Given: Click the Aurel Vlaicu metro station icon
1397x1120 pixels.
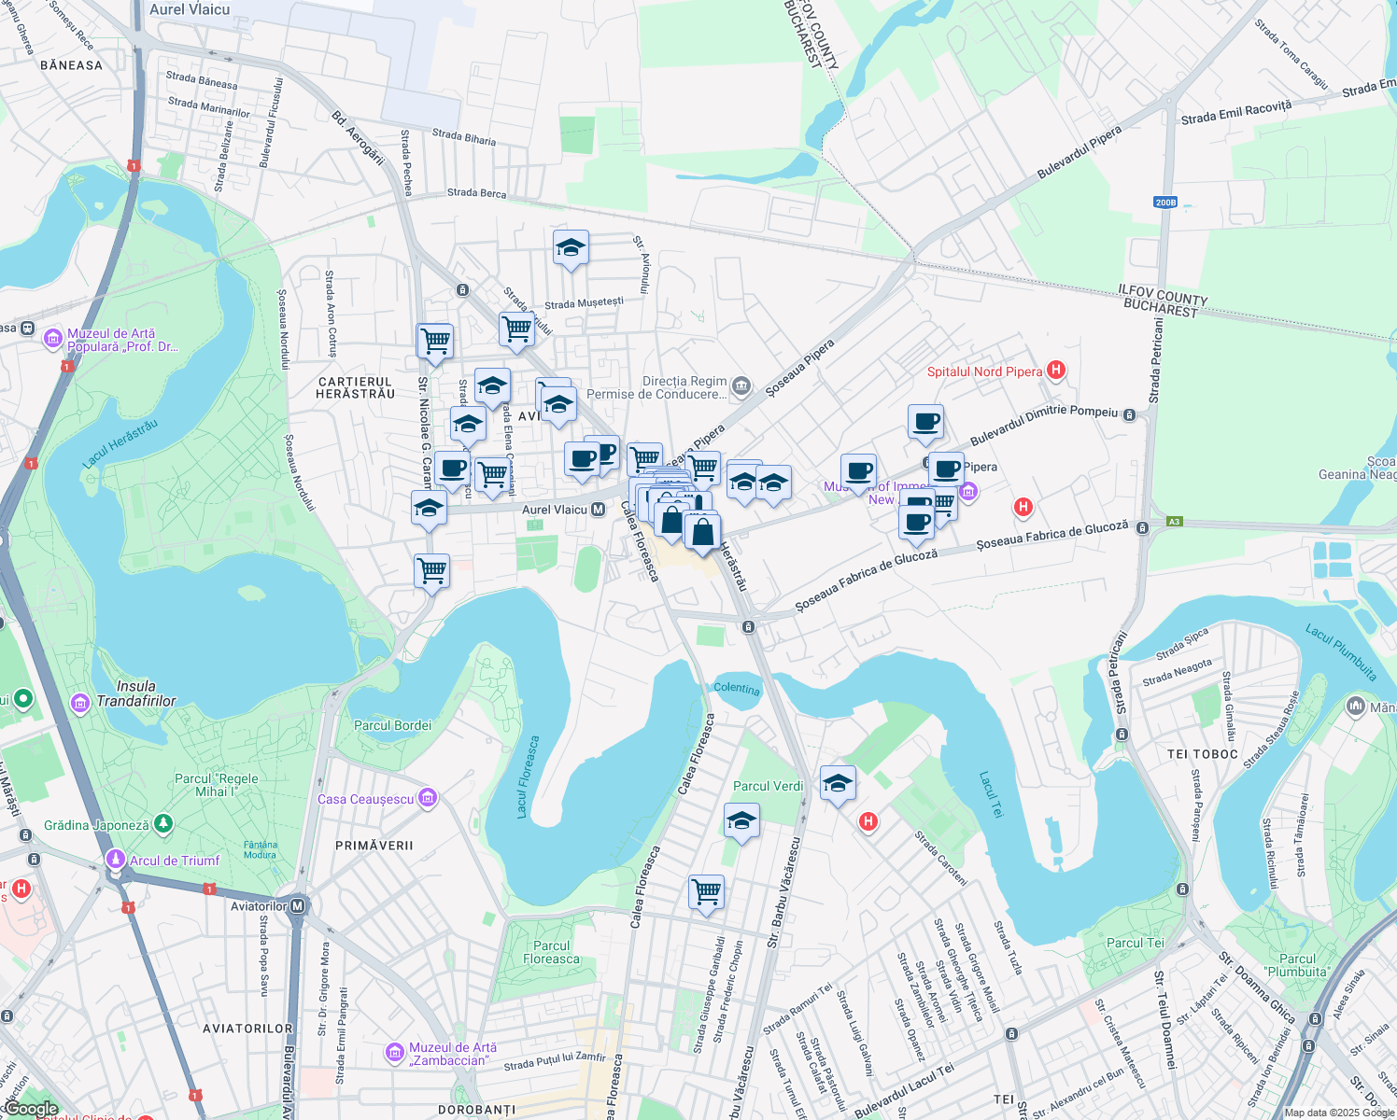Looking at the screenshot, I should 599,510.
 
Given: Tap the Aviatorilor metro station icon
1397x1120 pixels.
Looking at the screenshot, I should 298,906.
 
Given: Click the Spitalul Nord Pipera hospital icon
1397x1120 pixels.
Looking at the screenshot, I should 1056,371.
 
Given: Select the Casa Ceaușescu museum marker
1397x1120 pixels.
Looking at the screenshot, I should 428,798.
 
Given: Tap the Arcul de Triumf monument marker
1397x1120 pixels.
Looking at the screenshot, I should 116,860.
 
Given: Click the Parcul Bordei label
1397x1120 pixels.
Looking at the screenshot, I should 392,725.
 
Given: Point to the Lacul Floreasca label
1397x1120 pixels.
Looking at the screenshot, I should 528,777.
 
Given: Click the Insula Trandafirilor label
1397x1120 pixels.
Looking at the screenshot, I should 136,693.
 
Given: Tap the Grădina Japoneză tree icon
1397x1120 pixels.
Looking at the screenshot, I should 163,824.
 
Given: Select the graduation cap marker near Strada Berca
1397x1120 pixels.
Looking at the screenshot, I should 571,248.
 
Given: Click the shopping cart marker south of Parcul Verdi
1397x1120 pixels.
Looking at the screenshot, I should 707,892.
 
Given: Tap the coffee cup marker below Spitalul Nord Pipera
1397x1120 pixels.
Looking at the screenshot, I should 925,423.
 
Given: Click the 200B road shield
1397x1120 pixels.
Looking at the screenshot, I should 1165,203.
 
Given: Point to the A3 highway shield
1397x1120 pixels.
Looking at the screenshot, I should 1174,522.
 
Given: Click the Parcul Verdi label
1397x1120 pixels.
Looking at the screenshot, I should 768,786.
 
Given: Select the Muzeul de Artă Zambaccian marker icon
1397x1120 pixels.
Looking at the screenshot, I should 395,1053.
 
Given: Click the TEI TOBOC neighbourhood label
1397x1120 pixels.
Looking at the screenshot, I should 1203,754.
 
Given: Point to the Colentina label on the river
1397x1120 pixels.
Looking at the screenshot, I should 737,689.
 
